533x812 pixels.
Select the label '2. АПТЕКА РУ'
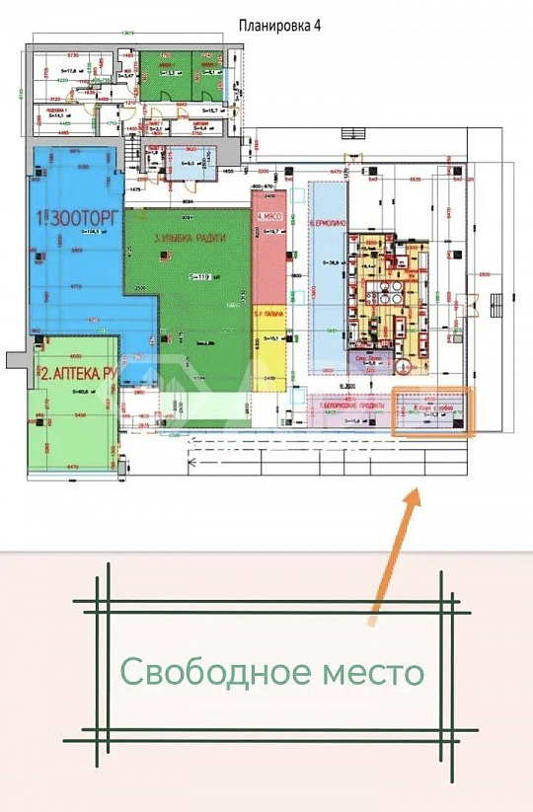pyautogui.click(x=78, y=374)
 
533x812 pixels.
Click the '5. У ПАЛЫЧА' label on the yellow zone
pyautogui.click(x=268, y=314)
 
